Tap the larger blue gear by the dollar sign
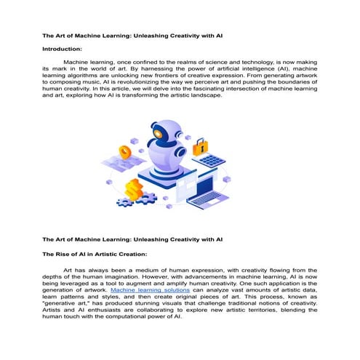pyautogui.click(x=149, y=197)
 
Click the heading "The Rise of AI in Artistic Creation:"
pyautogui.click(x=95, y=254)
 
